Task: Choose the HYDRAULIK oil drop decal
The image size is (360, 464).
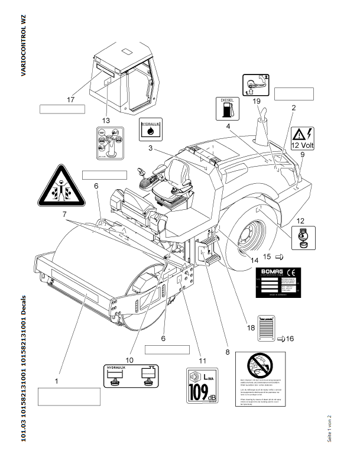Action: click(x=150, y=130)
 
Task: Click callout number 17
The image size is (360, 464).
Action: click(x=70, y=100)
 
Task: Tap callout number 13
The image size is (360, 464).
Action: click(x=106, y=120)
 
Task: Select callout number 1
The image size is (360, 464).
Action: click(x=57, y=382)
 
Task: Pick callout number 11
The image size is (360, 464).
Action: click(x=202, y=360)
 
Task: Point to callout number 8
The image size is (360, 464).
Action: click(x=226, y=352)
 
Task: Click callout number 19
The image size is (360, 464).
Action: click(x=257, y=101)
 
